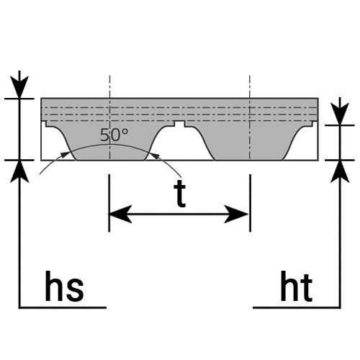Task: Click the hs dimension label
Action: pos(64,286)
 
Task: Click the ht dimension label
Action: pos(297,286)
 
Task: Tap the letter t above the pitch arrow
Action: pos(180,194)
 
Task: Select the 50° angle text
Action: pos(114,135)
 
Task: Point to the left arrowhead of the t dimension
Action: pos(120,214)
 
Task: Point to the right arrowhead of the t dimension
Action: pos(236,214)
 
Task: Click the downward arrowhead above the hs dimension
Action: pos(19,87)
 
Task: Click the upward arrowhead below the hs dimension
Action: pos(19,171)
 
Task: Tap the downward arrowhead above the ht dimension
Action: pos(340,114)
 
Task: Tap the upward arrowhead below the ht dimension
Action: pos(340,171)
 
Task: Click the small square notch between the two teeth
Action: pos(180,124)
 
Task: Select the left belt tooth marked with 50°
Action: pos(109,142)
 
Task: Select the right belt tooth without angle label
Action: pos(250,142)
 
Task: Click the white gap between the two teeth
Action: pos(180,144)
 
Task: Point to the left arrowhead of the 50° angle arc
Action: pos(64,154)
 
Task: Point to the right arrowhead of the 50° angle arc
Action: pos(155,156)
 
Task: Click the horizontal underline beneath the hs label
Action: pos(63,307)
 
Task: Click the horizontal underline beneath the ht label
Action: pos(297,307)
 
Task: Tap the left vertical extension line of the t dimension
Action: pos(109,203)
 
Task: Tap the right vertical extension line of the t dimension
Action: pos(250,203)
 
